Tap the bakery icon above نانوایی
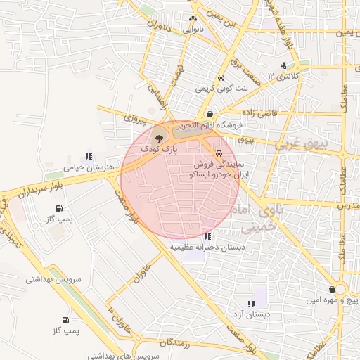[x=193, y=20]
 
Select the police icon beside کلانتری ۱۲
[x=283, y=65]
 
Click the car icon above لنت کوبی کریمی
[x=221, y=78]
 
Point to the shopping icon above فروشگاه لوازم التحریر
[x=210, y=114]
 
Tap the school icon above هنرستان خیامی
[x=89, y=157]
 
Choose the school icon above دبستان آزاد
[x=251, y=303]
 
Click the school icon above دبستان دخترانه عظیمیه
[x=207, y=237]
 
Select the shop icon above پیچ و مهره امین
[x=331, y=290]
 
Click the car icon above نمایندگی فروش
[x=219, y=152]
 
